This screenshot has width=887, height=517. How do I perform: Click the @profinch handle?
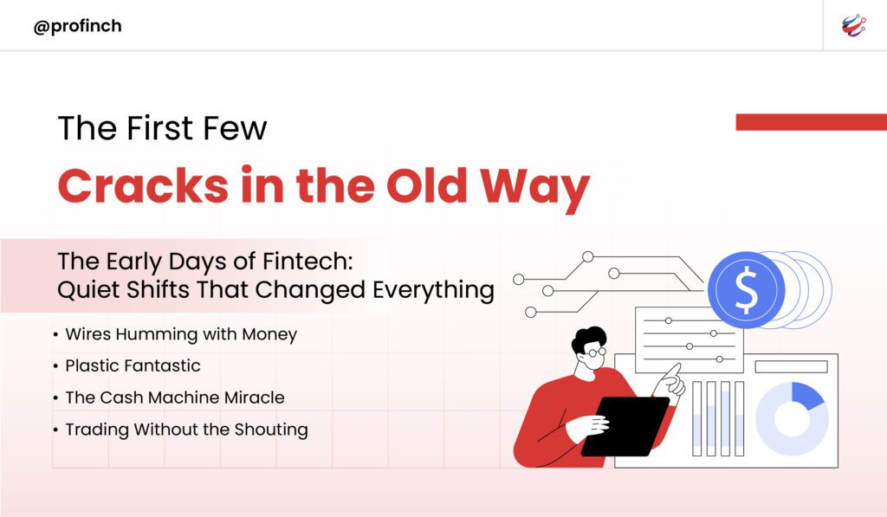tap(77, 26)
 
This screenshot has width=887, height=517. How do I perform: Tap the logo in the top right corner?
tap(853, 25)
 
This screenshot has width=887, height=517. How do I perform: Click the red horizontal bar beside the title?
tap(811, 121)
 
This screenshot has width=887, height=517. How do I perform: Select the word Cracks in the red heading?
tap(143, 185)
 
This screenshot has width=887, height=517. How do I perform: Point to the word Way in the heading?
tap(534, 189)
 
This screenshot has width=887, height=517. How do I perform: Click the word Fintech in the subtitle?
tap(308, 262)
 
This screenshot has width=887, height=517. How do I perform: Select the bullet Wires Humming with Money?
tap(181, 334)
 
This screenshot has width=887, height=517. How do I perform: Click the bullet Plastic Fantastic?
tap(133, 365)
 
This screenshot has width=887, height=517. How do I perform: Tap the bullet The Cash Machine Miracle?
tap(175, 397)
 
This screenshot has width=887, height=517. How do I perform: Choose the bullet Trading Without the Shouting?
tap(187, 430)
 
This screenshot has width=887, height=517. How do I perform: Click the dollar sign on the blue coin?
tap(746, 289)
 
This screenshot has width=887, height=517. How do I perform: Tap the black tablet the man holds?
tap(625, 426)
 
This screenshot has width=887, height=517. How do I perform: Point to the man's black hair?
tap(588, 337)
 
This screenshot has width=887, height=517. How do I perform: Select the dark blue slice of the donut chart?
tap(806, 394)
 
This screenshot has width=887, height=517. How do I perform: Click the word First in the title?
tap(160, 127)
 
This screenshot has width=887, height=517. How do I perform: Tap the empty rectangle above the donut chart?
tap(792, 366)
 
